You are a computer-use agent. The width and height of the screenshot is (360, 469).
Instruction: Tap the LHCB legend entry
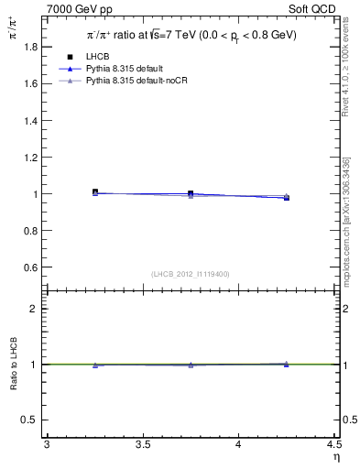(x=98, y=58)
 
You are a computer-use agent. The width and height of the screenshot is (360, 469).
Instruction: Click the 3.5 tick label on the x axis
(x=142, y=445)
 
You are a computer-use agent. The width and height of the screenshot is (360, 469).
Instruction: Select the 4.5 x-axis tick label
(x=333, y=445)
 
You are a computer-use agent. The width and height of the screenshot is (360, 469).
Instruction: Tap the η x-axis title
(x=334, y=457)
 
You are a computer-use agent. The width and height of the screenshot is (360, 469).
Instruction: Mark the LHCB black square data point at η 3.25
(x=95, y=192)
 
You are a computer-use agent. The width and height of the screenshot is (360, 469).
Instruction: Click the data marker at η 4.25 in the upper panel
(x=287, y=197)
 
